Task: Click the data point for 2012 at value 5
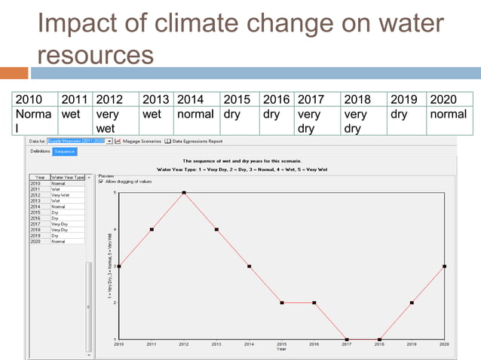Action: tap(184, 193)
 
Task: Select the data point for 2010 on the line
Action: tap(118, 266)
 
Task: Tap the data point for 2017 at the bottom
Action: tap(347, 339)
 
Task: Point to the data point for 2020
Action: tap(445, 266)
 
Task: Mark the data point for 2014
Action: tap(249, 266)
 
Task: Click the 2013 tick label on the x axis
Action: tap(216, 344)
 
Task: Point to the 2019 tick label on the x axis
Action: tap(412, 344)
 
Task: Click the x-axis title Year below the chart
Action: tap(281, 349)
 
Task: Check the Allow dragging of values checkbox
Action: tap(102, 181)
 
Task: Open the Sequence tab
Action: tap(65, 151)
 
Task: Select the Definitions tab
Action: tap(40, 151)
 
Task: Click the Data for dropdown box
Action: tap(79, 141)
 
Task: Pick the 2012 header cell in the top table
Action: tap(109, 99)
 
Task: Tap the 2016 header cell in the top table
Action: tap(276, 99)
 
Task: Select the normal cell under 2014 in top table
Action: tap(195, 114)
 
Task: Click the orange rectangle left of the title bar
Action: tap(14, 73)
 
